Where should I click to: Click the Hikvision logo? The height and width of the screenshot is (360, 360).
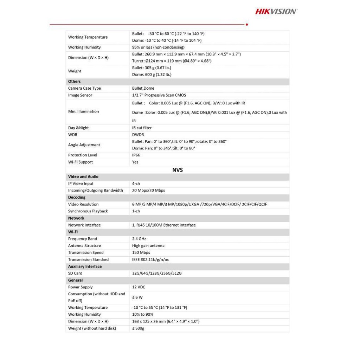(276, 11)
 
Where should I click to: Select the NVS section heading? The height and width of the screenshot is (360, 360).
(178, 170)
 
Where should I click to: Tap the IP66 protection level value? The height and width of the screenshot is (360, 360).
(136, 155)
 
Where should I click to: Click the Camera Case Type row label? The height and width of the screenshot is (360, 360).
(84, 88)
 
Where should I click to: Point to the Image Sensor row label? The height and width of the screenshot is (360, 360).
(81, 95)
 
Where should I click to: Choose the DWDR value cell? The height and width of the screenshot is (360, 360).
(138, 135)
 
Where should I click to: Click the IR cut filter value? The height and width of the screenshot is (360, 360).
(142, 128)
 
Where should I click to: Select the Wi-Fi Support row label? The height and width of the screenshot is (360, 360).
(81, 162)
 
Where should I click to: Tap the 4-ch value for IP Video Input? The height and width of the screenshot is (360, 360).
(136, 184)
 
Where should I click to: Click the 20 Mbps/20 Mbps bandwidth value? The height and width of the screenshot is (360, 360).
(148, 191)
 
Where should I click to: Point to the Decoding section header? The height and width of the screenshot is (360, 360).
(77, 198)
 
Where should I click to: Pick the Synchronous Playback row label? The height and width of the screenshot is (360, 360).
(88, 211)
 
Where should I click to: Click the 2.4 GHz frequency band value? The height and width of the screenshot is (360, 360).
(139, 239)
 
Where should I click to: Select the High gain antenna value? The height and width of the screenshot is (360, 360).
(148, 246)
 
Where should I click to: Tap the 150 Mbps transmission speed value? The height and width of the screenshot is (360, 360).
(141, 252)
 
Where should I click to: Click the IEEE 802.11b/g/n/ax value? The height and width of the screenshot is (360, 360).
(150, 259)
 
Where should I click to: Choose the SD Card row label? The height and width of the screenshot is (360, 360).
(75, 273)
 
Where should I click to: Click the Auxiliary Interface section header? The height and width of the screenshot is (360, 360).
(85, 266)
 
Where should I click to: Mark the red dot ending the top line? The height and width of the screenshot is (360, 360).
(247, 25)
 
